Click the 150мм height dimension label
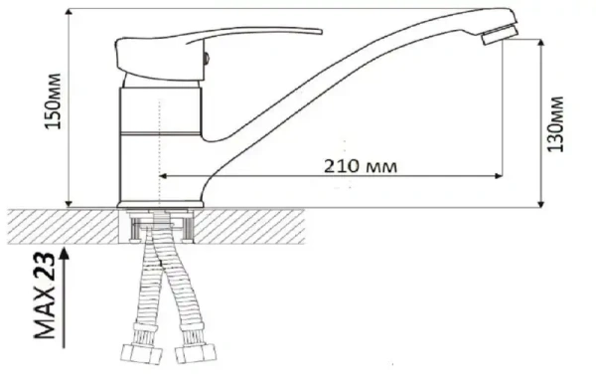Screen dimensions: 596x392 pos(53,101)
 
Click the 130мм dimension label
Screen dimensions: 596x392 pos(555,124)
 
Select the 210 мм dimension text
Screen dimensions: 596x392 pos(361,166)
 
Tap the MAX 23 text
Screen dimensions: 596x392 pos(45,295)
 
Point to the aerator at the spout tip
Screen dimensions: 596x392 pos(500,35)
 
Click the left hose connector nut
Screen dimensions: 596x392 pos(141,354)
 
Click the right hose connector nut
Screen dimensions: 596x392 pos(196,353)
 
